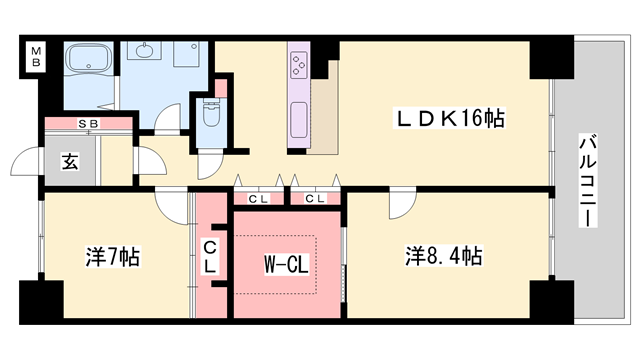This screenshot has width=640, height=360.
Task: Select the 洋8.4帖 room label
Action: click(444, 255)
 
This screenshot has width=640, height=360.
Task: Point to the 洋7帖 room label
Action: click(112, 257)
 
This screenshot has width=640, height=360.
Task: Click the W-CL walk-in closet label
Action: click(285, 265)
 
